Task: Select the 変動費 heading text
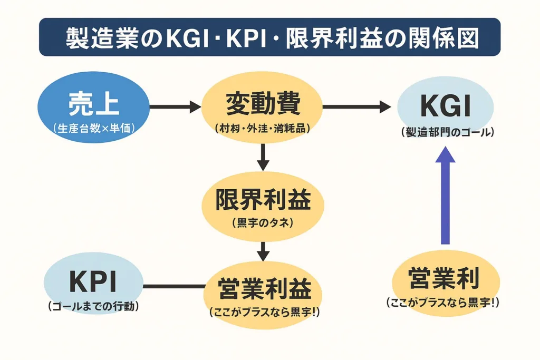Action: [x=262, y=103]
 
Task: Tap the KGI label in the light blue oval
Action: [x=445, y=106]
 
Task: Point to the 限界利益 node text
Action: [x=262, y=199]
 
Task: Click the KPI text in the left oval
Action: [x=93, y=283]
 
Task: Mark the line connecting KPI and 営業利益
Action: [x=174, y=287]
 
